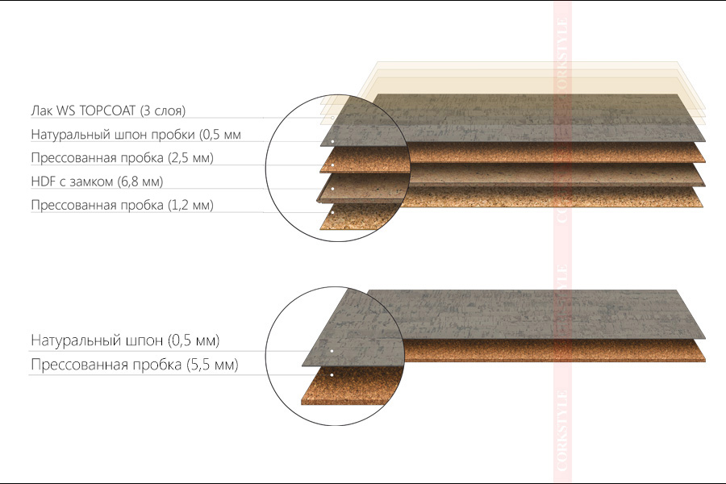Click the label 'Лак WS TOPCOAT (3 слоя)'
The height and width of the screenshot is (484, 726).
point(108,111)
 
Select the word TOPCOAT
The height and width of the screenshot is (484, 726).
point(107,111)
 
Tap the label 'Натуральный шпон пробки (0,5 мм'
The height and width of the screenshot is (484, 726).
point(136,135)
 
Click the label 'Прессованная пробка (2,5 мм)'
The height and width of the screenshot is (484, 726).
point(123,158)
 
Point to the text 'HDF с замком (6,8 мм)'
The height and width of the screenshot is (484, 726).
point(98,181)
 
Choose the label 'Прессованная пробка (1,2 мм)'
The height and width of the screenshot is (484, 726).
point(123,205)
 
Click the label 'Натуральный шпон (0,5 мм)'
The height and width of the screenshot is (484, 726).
point(125,340)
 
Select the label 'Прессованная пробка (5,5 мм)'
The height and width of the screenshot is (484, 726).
point(134,365)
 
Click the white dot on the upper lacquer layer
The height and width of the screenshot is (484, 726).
point(332,118)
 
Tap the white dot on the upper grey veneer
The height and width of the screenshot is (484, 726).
point(332,141)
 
